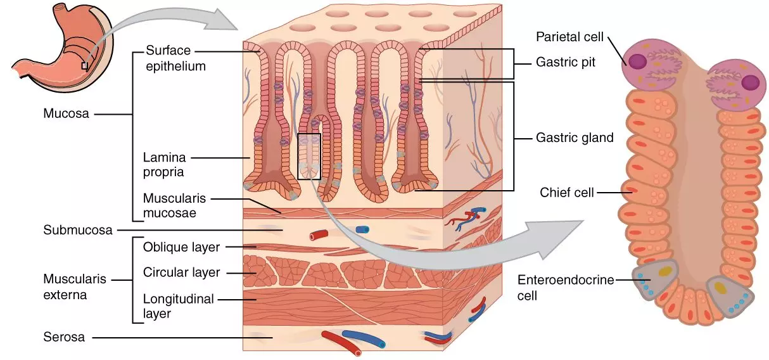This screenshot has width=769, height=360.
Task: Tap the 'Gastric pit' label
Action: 566,63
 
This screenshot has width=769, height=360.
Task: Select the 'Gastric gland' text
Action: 575,138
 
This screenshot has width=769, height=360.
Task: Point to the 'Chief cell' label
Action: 567,191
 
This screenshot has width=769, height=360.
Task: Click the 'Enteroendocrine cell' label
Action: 565,287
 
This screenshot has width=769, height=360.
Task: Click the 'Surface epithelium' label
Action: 175,58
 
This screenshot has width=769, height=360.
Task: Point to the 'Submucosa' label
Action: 78,229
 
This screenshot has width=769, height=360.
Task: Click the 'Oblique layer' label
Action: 181,247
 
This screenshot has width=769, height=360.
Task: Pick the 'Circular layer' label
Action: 181,273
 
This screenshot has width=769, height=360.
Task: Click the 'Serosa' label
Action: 64,337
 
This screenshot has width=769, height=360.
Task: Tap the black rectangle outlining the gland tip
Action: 309,156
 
